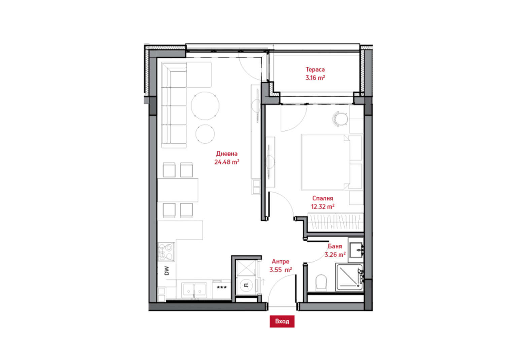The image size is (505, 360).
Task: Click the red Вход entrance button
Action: tap(282, 321)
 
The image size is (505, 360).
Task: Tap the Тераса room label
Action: tap(315, 69)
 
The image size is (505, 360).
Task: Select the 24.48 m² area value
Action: tap(227, 162)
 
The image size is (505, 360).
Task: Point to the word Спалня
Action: tap(323, 198)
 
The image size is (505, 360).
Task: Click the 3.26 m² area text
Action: tap(335, 255)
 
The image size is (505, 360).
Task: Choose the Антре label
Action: tap(280, 261)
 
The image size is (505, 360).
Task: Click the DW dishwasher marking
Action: tap(167, 271)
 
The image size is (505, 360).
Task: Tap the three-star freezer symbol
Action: tap(222, 287)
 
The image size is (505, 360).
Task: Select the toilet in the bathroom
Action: tap(321, 283)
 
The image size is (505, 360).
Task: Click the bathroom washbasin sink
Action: tap(356, 250)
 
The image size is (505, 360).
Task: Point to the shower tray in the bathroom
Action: tap(349, 277)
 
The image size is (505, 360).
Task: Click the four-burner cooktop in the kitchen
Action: tap(166, 252)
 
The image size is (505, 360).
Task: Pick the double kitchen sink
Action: tap(194, 290)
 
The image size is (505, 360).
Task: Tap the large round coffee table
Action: tap(205, 106)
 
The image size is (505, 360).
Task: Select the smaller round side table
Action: tap(205, 134)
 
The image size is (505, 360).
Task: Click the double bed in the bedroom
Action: tap(332, 162)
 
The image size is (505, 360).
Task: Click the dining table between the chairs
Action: tap(178, 190)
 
